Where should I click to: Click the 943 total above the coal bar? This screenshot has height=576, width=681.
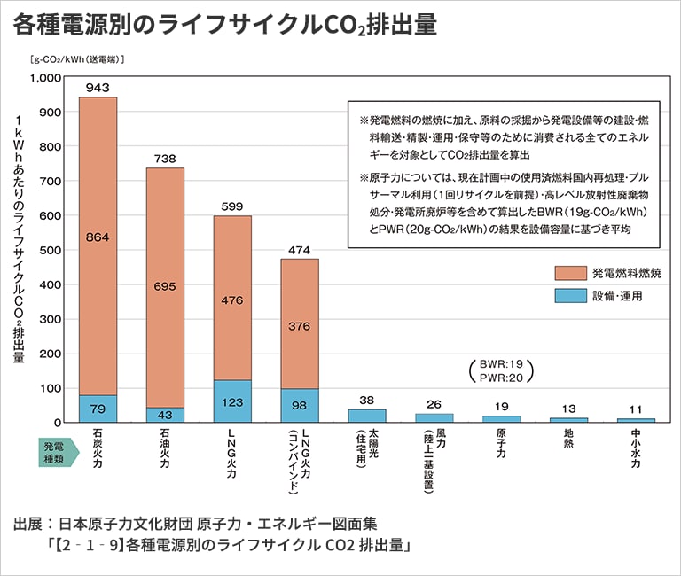tap(98, 88)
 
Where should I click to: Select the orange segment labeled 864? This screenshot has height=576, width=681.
tap(98, 237)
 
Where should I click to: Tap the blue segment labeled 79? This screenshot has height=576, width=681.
tap(98, 409)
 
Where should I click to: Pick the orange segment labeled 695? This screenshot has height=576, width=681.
tap(165, 288)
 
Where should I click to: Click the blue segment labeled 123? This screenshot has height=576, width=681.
tap(232, 401)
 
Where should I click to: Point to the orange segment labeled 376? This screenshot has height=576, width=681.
tap(300, 325)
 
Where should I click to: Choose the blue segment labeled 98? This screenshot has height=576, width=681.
tap(300, 405)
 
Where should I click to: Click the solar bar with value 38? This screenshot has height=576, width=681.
tap(367, 415)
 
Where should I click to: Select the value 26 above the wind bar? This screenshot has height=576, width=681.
tap(434, 404)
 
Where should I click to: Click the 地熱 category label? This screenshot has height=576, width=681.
tap(569, 440)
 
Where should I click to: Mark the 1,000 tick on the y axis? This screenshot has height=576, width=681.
tap(43, 78)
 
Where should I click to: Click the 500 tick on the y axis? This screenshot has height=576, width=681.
tap(50, 250)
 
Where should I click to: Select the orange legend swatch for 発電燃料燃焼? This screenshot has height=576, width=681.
tap(571, 274)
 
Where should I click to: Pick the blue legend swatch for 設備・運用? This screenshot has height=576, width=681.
tap(571, 296)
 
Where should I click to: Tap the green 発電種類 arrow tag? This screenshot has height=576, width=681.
tap(59, 449)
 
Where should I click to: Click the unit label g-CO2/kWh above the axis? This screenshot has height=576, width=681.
tap(76, 60)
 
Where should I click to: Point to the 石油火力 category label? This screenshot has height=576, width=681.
tap(165, 450)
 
